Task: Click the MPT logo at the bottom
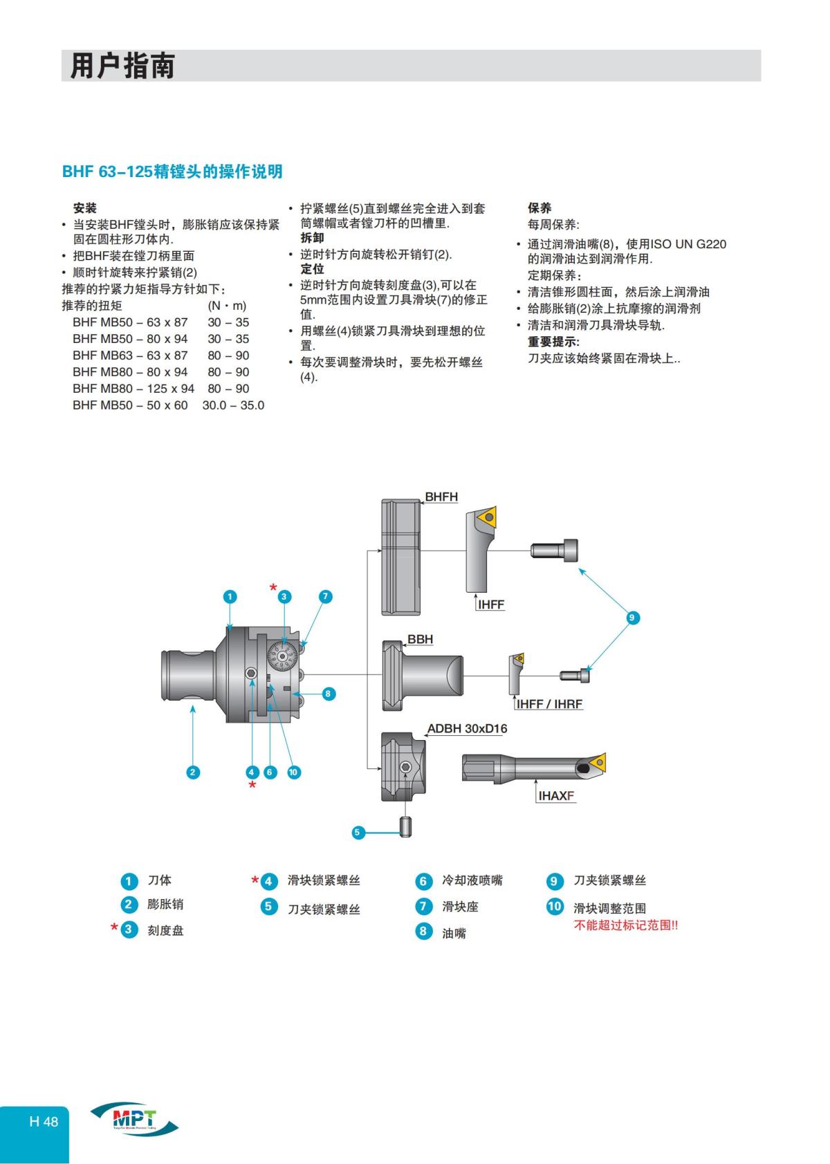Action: (x=133, y=1119)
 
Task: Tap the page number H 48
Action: (x=44, y=1121)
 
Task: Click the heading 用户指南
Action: (x=122, y=66)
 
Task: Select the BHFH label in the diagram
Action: (x=441, y=497)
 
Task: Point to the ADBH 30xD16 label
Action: (x=467, y=728)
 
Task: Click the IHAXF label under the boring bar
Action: (x=556, y=795)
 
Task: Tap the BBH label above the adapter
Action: (x=420, y=639)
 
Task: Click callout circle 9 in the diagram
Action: (x=631, y=618)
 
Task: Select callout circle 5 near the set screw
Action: (x=358, y=832)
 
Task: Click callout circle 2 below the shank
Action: (x=193, y=773)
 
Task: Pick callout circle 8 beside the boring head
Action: (x=329, y=693)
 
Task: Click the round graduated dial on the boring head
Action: (x=283, y=656)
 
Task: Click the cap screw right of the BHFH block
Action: (x=554, y=551)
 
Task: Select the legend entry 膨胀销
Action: (x=165, y=904)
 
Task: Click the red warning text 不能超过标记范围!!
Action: (x=625, y=925)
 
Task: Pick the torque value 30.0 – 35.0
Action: (x=233, y=405)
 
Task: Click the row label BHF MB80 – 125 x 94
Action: (x=133, y=389)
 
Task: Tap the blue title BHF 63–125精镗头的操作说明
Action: (x=172, y=172)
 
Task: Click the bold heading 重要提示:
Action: (x=553, y=342)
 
